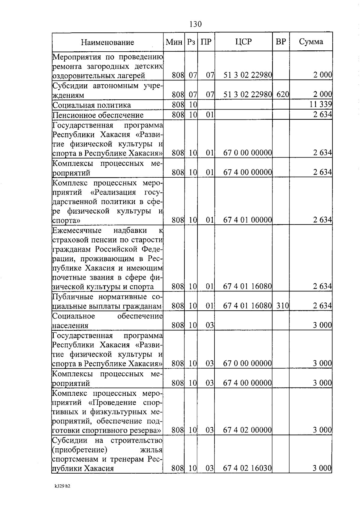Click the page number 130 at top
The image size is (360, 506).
[x=196, y=24]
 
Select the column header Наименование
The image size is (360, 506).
[x=107, y=42]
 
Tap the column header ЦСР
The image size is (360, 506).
[x=243, y=42]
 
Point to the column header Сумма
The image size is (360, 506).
[x=311, y=42]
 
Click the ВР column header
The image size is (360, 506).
[x=280, y=42]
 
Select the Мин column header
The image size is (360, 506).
[x=174, y=42]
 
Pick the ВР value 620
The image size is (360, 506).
[x=282, y=95]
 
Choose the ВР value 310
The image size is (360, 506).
[x=282, y=306]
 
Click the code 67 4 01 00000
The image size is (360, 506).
[x=248, y=220]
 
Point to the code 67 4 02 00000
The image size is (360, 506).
[x=247, y=430]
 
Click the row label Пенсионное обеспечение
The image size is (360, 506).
[x=98, y=115]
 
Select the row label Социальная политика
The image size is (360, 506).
[x=91, y=105]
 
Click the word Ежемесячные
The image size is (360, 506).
[x=77, y=230]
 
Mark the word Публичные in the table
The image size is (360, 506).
[x=70, y=297]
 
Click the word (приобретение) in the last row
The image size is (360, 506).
[x=79, y=450]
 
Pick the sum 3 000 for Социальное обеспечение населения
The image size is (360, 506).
[x=322, y=325]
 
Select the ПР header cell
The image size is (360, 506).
[x=206, y=42]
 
